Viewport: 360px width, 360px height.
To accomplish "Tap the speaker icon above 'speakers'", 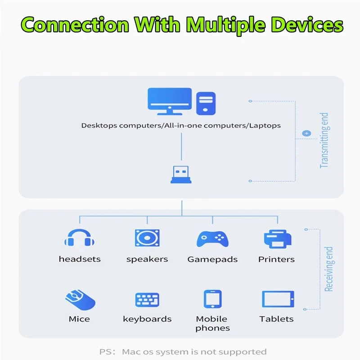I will [147, 238].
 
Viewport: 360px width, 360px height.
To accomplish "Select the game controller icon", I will [212, 238].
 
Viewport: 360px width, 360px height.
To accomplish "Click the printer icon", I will [277, 239].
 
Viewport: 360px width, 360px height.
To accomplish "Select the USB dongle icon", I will [181, 173].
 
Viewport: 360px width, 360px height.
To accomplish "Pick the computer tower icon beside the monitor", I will [206, 103].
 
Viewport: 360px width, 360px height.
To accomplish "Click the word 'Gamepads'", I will [212, 260].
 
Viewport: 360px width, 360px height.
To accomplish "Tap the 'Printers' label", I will [276, 260].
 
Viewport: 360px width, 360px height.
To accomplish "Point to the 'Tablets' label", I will [276, 319].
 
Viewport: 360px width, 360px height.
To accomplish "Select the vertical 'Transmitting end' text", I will [324, 141].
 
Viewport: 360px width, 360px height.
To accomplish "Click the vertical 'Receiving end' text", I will [329, 269].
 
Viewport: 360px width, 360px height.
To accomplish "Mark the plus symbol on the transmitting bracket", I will [306, 133].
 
